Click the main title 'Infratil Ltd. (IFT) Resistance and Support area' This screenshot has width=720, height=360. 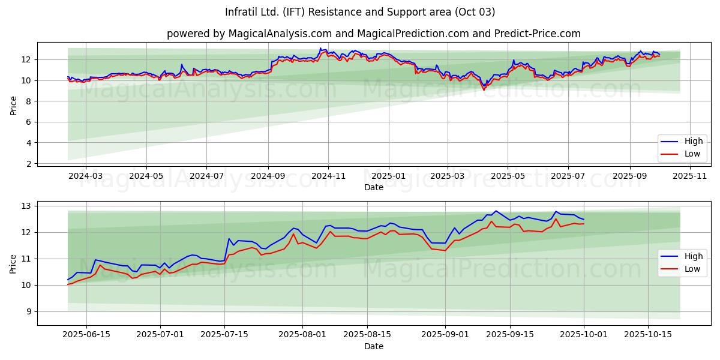[x=360, y=12]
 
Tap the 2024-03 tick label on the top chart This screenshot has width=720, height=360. [x=86, y=176]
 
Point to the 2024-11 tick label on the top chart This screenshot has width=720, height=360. [x=328, y=176]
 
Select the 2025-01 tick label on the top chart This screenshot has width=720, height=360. [x=388, y=176]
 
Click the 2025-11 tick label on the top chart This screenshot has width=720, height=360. [x=690, y=176]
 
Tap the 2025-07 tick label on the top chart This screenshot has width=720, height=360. [x=568, y=176]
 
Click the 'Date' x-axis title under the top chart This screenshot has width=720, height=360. [x=373, y=187]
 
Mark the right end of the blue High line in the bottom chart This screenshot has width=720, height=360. [x=584, y=220]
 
